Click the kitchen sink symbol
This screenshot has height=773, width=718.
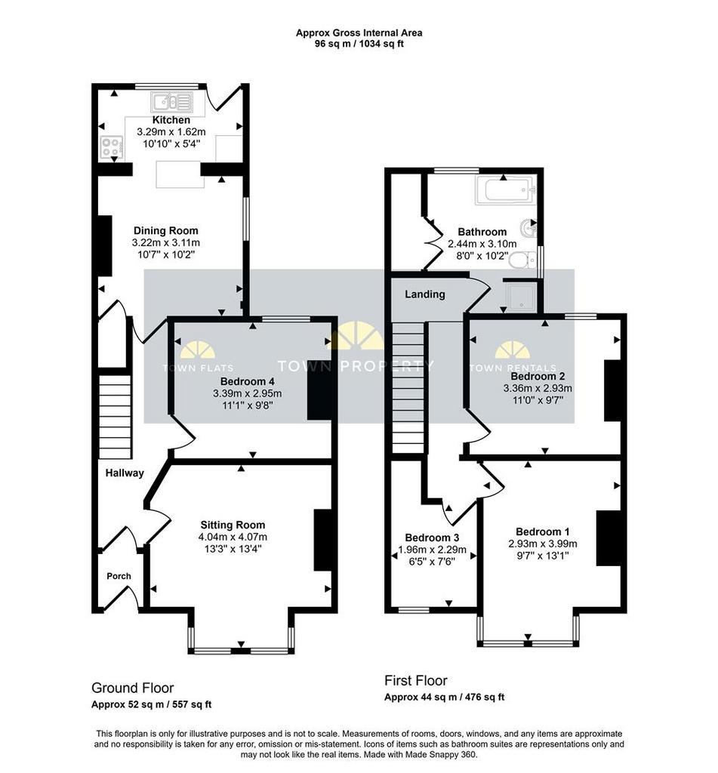click(171, 103)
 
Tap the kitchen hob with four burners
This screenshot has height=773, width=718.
click(110, 147)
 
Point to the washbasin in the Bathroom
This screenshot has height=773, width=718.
click(528, 228)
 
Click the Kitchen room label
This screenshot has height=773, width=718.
click(171, 120)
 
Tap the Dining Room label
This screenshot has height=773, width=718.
click(165, 231)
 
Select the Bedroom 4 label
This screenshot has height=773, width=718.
click(247, 381)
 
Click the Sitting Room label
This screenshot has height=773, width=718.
click(233, 525)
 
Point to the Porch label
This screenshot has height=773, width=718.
click(119, 576)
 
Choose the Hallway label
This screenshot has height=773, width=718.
click(125, 473)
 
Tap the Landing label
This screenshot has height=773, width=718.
click(425, 294)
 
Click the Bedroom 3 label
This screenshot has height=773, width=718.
click(432, 537)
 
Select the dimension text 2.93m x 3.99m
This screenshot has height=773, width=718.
click(542, 544)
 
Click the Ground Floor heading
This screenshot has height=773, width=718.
click(133, 688)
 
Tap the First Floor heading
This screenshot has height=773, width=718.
click(416, 681)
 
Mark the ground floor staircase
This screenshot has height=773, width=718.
click(116, 417)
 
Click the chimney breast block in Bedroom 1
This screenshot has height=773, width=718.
click(608, 537)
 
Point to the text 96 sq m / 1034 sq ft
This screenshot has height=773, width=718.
click(359, 44)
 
